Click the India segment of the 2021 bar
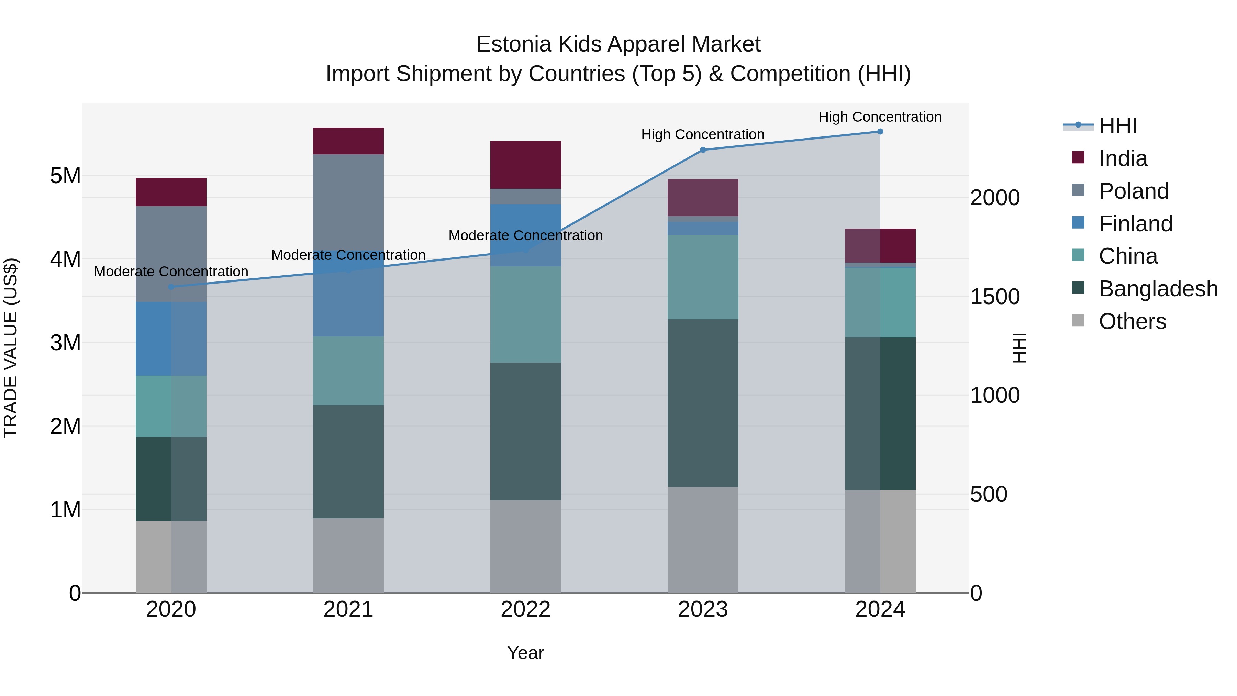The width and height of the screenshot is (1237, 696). pos(348,141)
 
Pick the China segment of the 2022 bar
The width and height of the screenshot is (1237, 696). pos(525,314)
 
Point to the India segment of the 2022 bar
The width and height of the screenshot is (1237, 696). pos(525,164)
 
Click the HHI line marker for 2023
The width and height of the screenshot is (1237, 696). pos(703,150)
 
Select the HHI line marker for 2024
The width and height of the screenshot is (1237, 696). pos(880,132)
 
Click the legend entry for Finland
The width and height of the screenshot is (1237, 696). pos(1135,224)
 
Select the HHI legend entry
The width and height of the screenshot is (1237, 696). pos(1117,126)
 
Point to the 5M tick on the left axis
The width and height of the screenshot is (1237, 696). pos(66,176)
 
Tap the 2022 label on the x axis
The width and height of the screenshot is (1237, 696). pos(525,609)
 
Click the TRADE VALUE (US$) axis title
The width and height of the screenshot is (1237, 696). pos(11,348)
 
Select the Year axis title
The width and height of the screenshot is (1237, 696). pos(525,653)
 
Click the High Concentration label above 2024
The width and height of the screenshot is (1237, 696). pos(880,117)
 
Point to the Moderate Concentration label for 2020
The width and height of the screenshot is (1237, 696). pos(171,272)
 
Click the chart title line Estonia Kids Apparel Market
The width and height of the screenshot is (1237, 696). pos(618,44)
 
